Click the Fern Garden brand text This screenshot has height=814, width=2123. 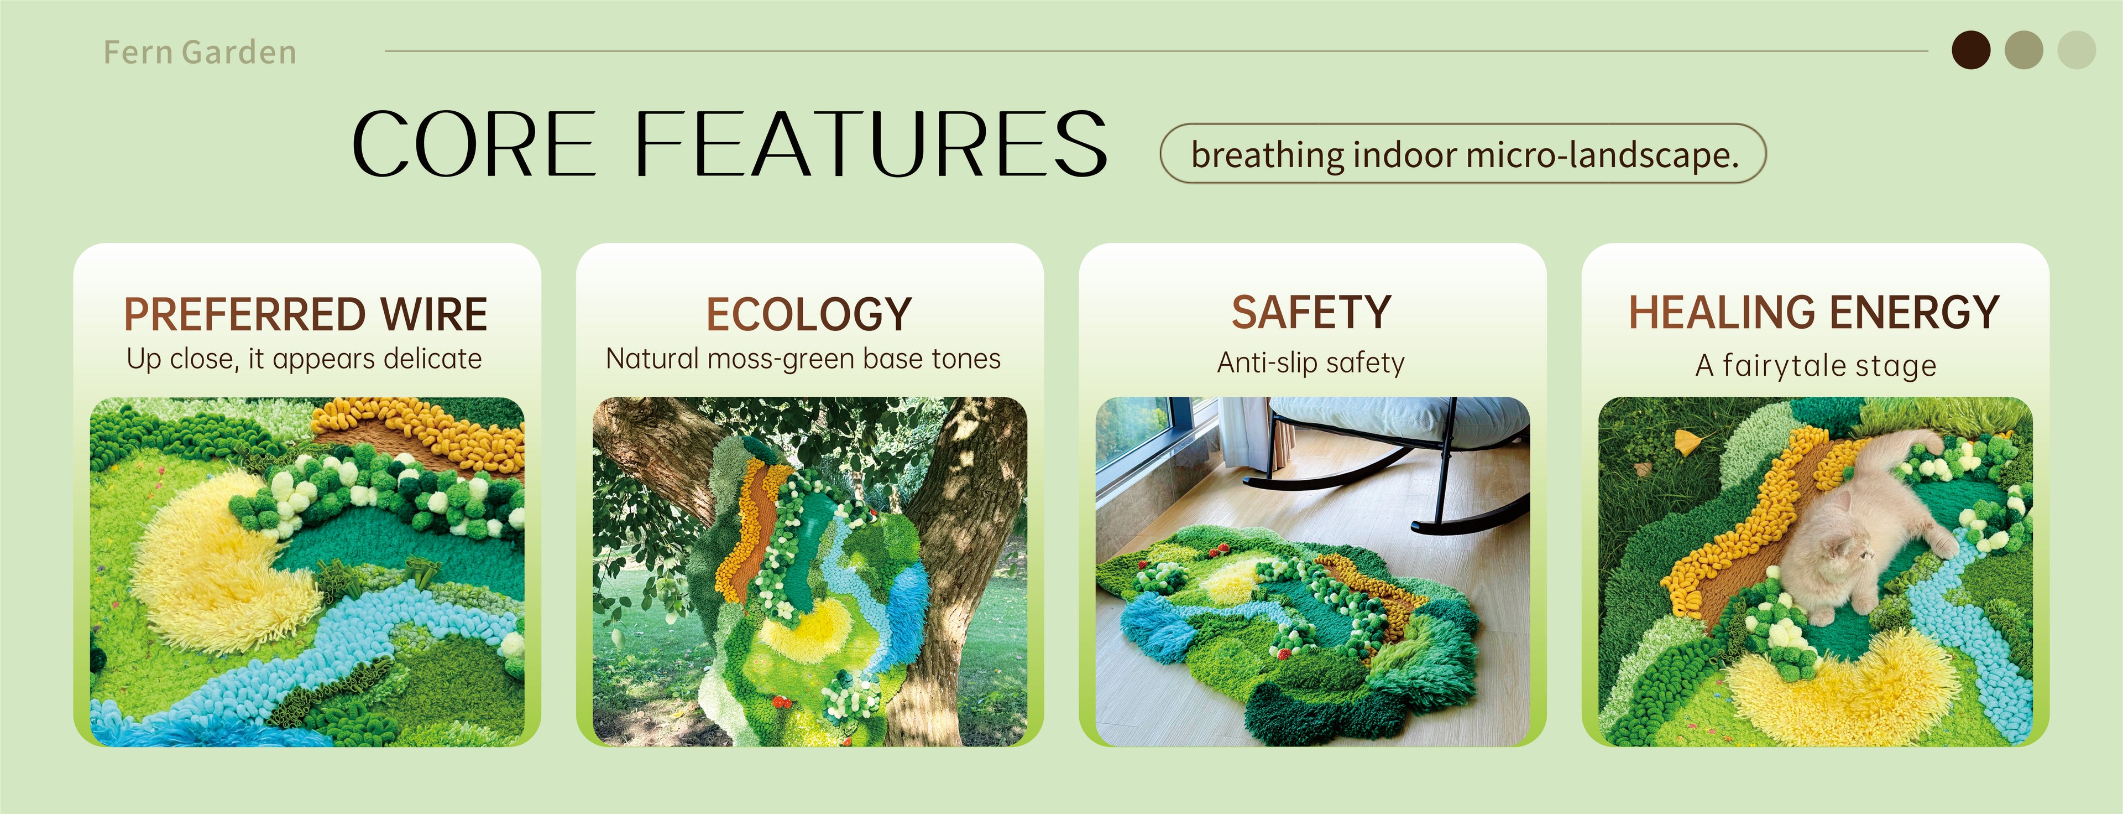(x=200, y=52)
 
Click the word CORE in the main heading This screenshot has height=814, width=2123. (x=474, y=145)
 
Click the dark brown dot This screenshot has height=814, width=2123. (x=1972, y=50)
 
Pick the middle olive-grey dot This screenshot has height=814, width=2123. (x=2023, y=50)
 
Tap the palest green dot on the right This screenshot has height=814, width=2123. (x=2076, y=50)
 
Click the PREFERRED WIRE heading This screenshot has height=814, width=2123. (x=306, y=314)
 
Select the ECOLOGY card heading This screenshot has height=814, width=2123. (x=808, y=314)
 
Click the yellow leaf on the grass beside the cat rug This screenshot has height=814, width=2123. (x=1687, y=442)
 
